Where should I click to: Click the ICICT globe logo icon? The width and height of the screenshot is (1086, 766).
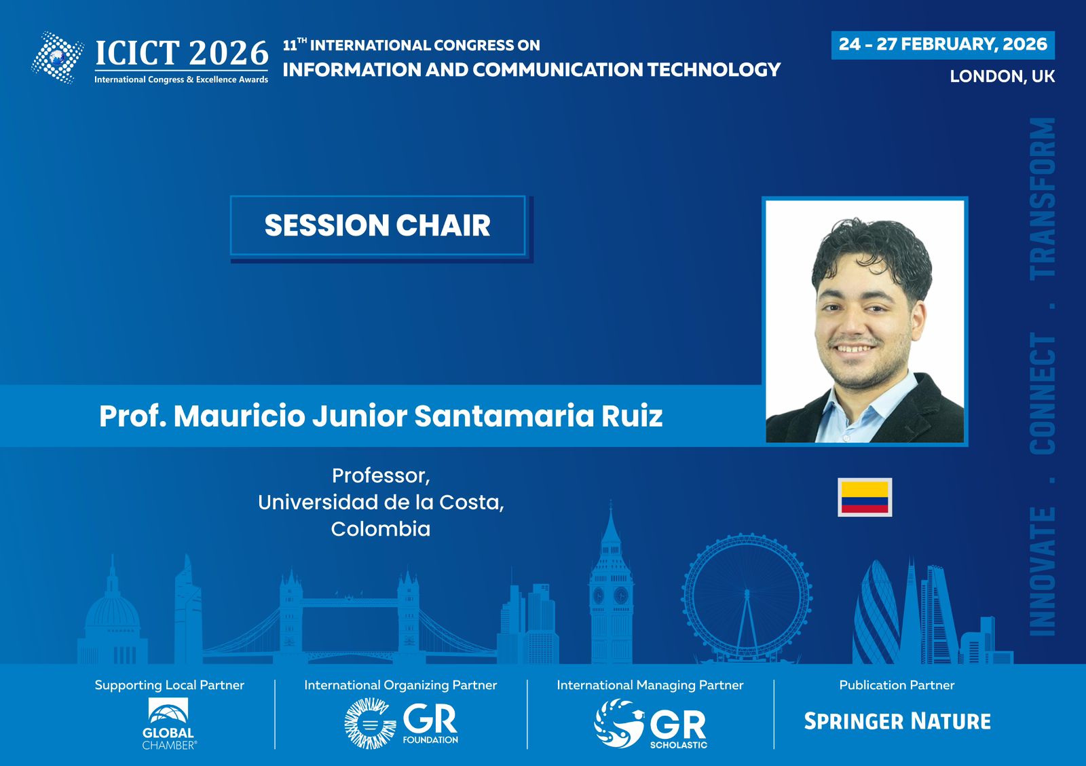58,57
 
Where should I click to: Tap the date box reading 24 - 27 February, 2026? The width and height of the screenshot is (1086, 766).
943,45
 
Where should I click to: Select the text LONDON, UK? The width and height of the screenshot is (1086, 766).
1002,77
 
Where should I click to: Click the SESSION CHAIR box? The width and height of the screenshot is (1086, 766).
378,225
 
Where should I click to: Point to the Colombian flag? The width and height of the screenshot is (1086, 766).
865,497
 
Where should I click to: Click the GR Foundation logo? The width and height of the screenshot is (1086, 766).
401,723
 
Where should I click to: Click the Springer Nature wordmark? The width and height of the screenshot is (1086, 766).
897,721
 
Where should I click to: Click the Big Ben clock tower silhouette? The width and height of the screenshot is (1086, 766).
611,582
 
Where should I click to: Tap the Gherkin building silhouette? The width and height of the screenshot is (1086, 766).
876,614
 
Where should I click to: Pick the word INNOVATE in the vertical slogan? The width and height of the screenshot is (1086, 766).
1043,572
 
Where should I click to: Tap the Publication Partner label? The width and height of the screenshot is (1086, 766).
897,685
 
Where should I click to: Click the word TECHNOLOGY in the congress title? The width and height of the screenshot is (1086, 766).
714,70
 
